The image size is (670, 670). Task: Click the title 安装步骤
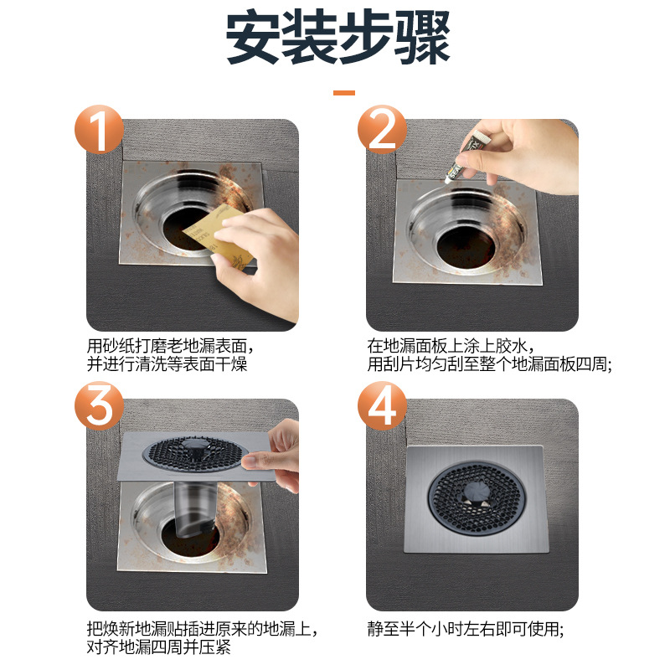[x=338, y=39]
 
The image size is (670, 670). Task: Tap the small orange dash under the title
[x=343, y=93]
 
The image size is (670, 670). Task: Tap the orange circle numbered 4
[x=382, y=409]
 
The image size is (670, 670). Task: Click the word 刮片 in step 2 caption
[x=402, y=364]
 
